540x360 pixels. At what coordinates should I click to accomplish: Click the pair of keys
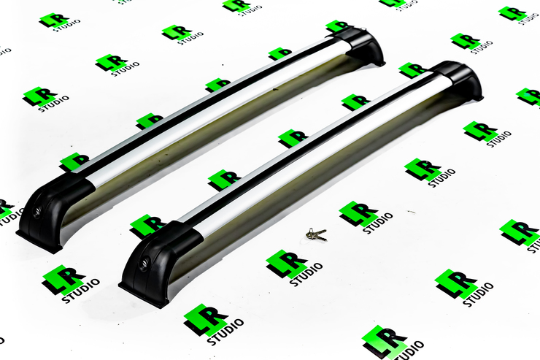click(x=316, y=234)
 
